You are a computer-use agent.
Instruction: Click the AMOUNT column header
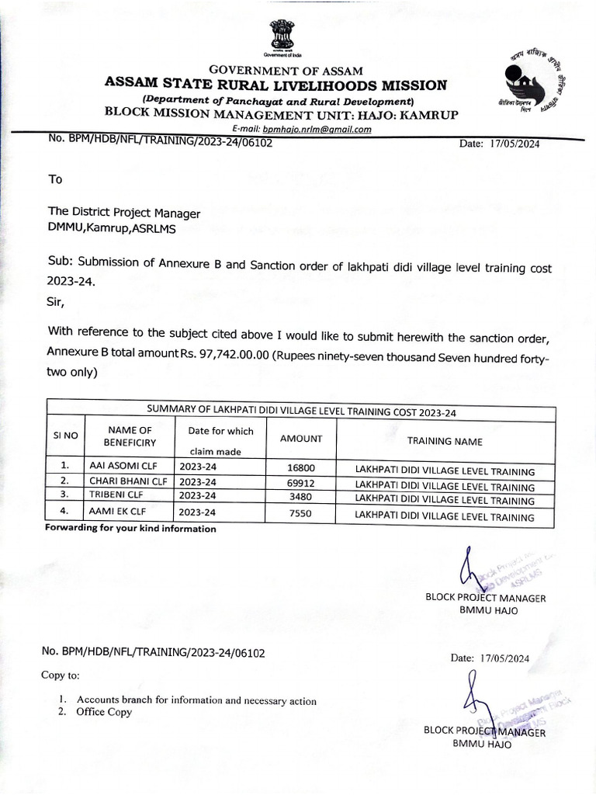point(300,439)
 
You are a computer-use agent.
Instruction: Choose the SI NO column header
point(66,436)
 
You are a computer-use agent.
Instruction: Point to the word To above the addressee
point(55,179)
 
